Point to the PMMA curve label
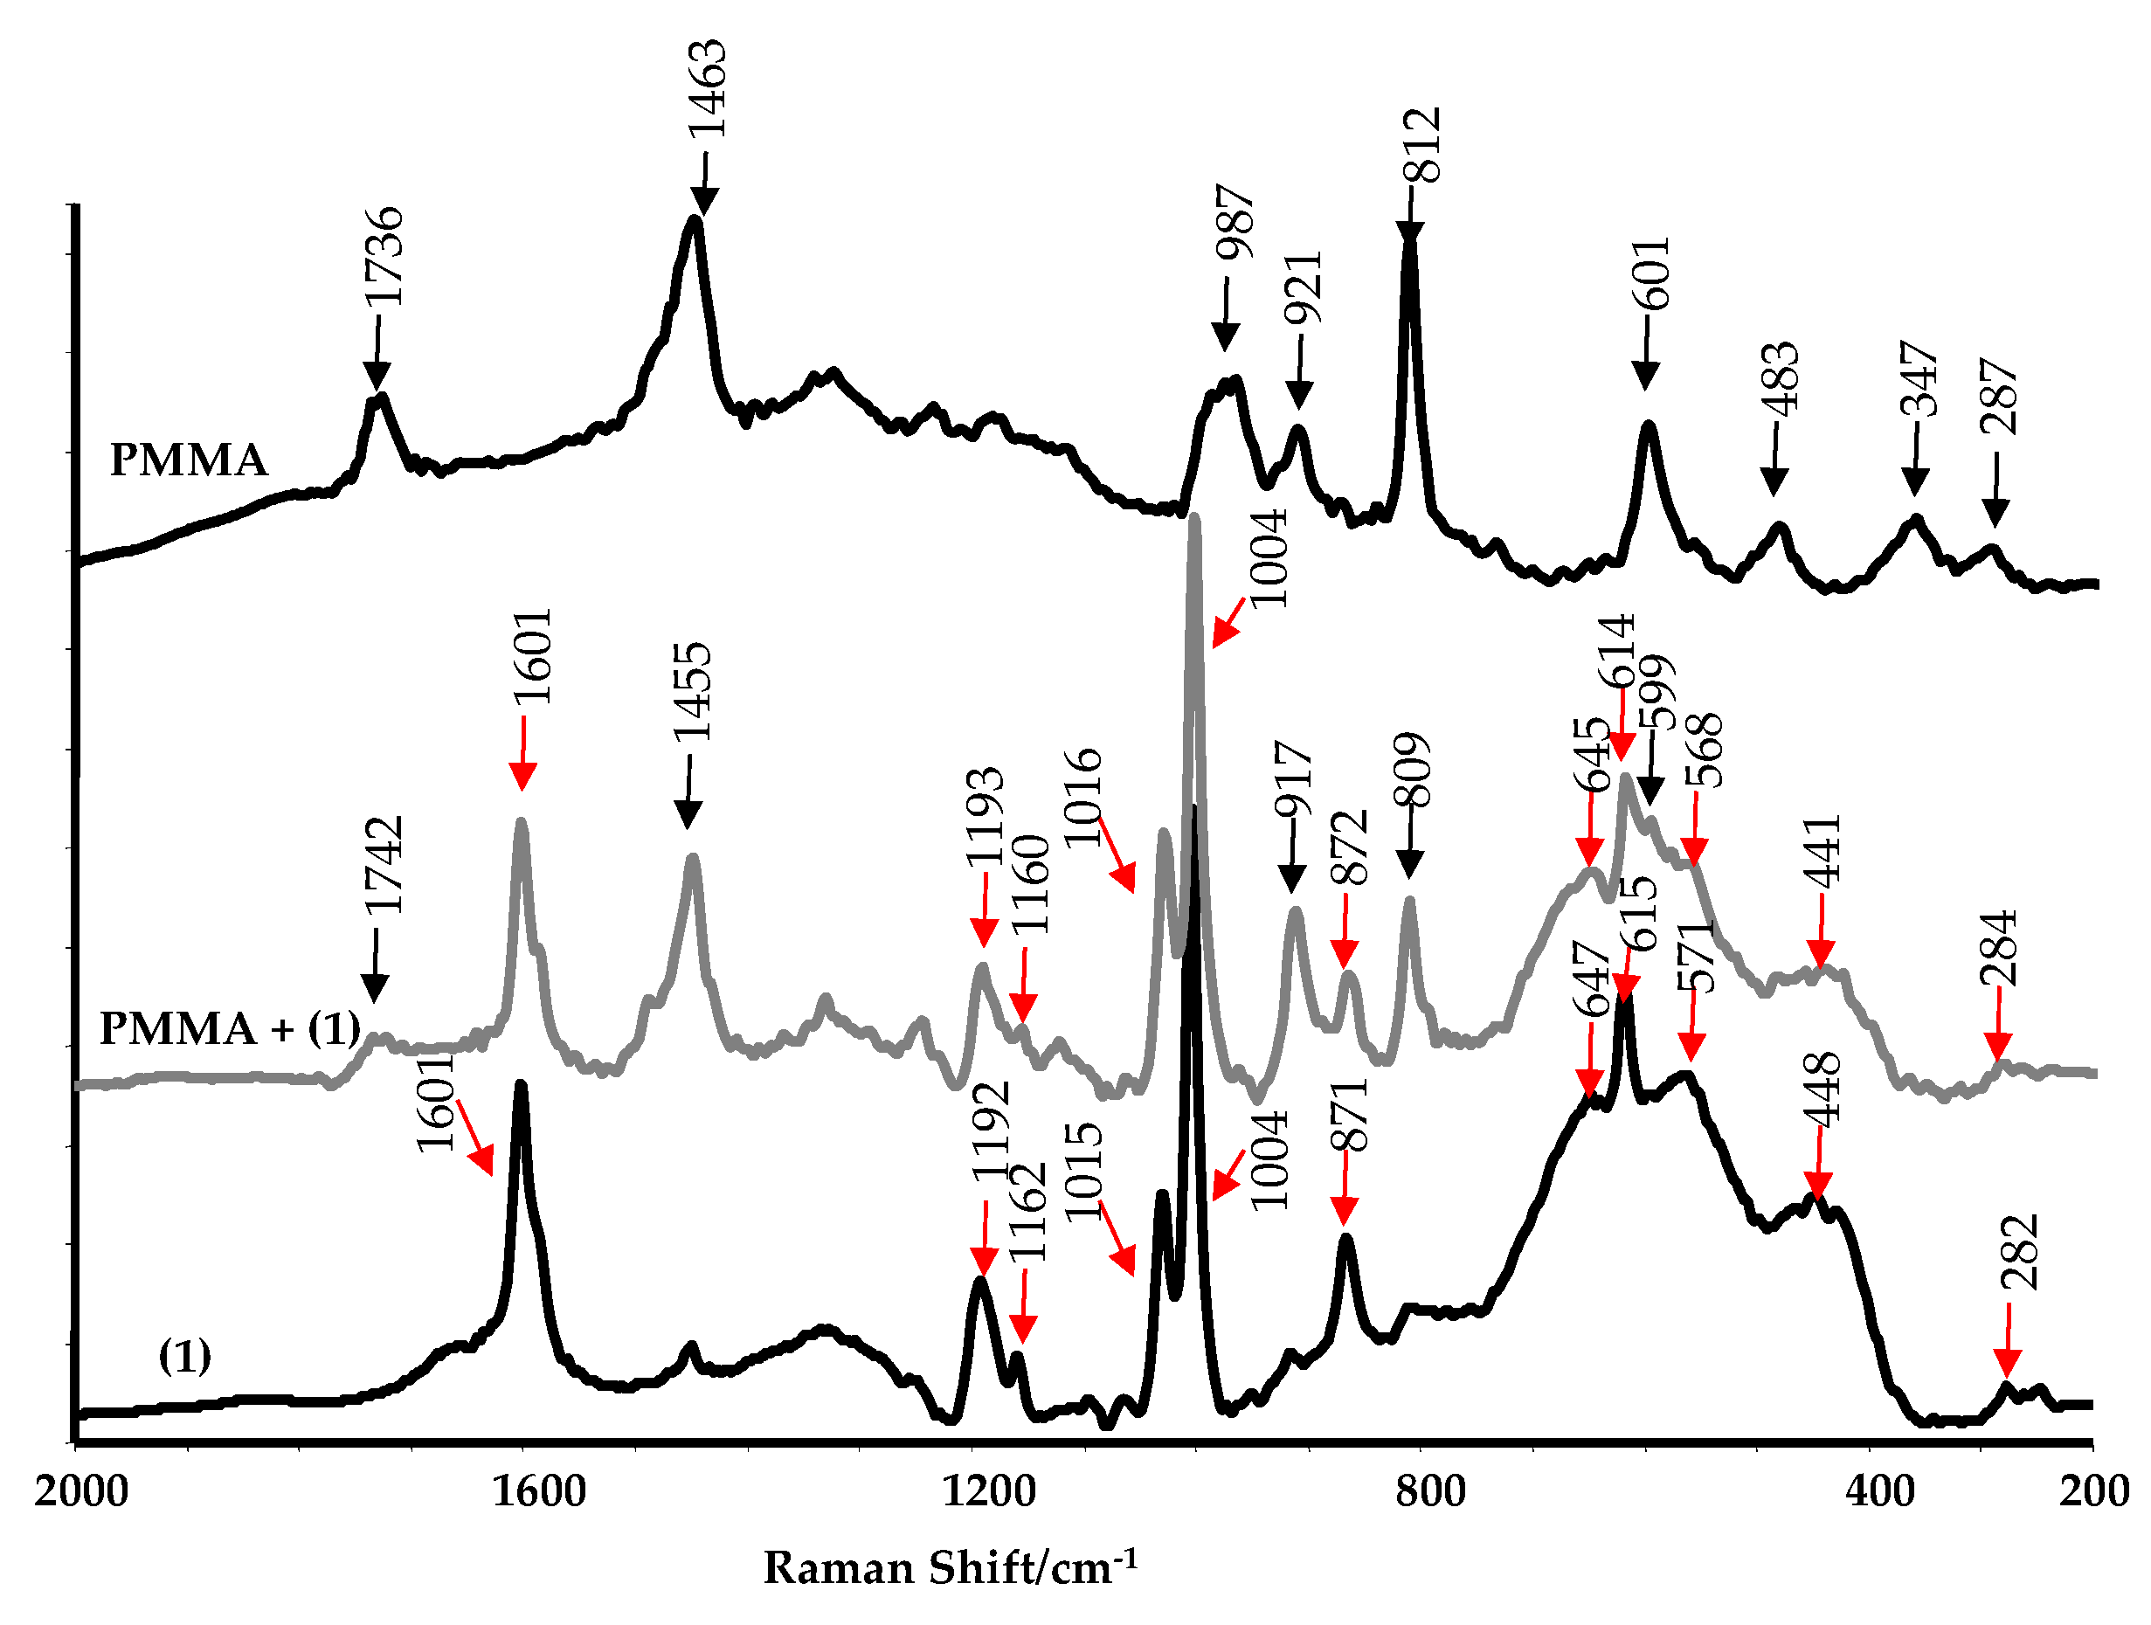click(x=189, y=459)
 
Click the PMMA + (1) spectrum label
click(x=230, y=1028)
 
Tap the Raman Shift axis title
click(x=949, y=1568)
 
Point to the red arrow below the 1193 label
click(x=983, y=909)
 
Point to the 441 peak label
click(x=1822, y=852)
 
